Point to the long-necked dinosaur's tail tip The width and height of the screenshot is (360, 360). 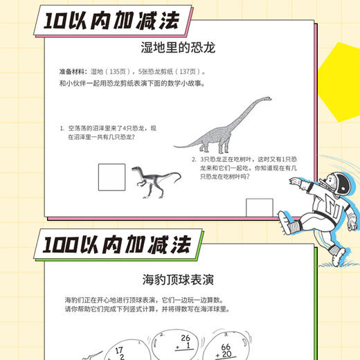(174, 145)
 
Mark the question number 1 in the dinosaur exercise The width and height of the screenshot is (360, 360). (61, 128)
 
